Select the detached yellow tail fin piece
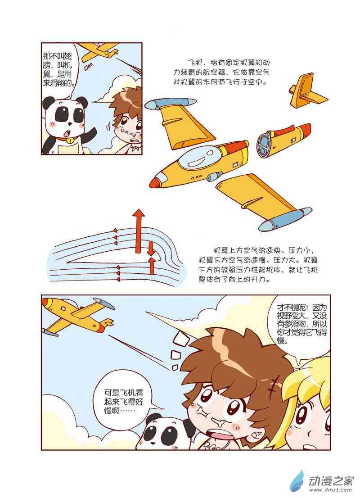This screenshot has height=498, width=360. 307,92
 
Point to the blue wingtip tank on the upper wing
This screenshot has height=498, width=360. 171,104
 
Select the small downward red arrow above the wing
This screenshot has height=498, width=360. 151,249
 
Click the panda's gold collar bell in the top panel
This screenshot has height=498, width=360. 68,140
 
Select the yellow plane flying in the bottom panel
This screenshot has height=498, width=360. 78,316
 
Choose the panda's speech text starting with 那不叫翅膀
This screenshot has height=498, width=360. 58,70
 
